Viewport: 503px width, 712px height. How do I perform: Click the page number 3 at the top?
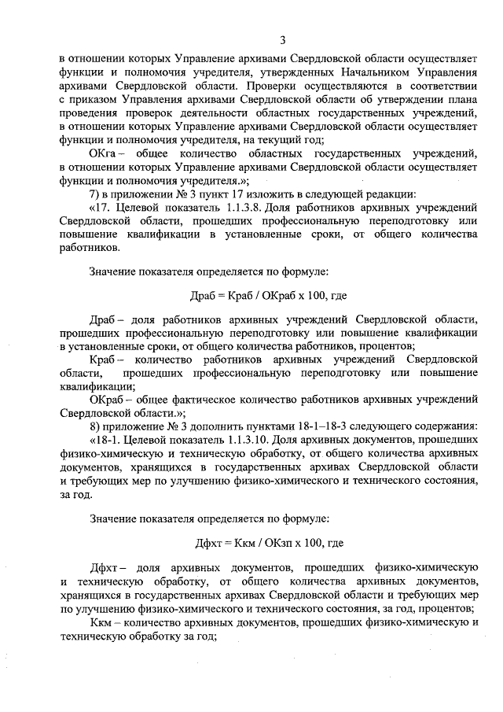282,41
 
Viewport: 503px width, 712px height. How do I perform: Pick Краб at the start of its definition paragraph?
104,359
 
